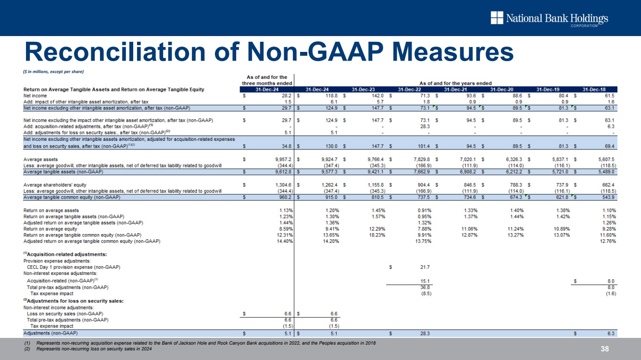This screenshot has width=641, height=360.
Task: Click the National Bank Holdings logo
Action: (x=549, y=19)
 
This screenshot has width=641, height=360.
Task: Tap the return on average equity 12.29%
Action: (x=375, y=229)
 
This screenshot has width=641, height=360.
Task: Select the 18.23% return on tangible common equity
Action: (x=375, y=235)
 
